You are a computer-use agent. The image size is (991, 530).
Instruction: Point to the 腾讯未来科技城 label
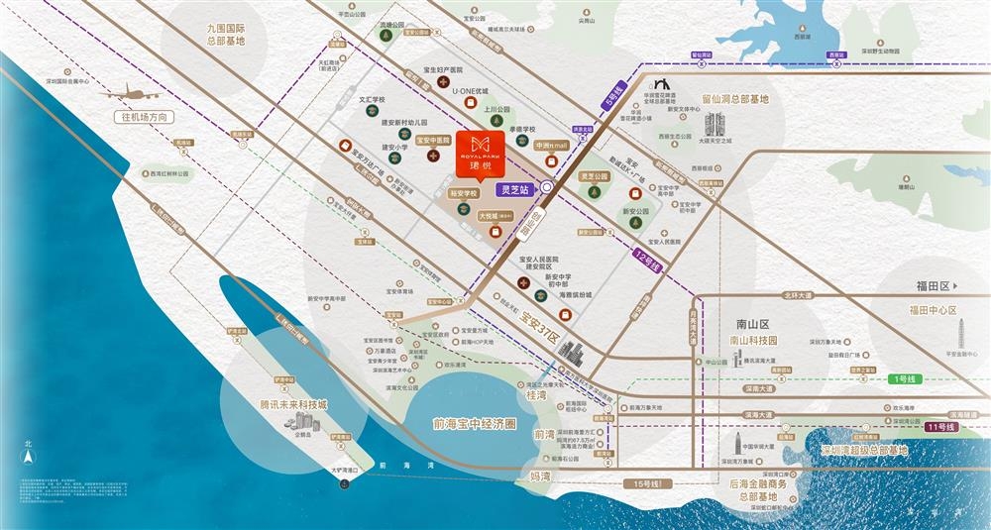click(292, 405)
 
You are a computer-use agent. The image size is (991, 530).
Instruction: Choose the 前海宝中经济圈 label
click(469, 423)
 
